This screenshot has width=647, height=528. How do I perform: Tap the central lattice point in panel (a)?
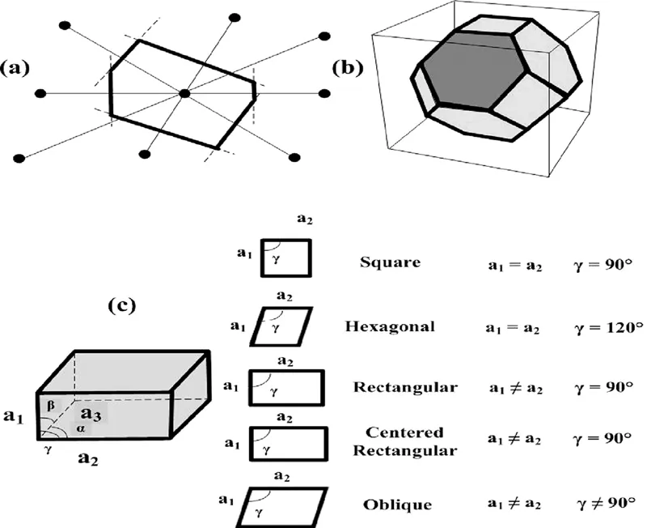pos(185,94)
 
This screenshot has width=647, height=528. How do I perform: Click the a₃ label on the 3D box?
pos(91,415)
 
